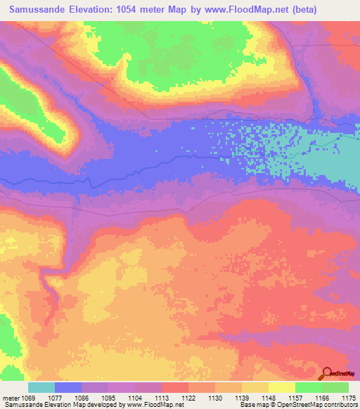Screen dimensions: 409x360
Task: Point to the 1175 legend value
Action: pyautogui.click(x=349, y=398)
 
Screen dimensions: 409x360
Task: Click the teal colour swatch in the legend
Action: pyautogui.click(x=41, y=387)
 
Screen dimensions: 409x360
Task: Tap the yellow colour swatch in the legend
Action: pyautogui.click(x=282, y=387)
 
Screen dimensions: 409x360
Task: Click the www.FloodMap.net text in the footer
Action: pyautogui.click(x=150, y=405)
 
